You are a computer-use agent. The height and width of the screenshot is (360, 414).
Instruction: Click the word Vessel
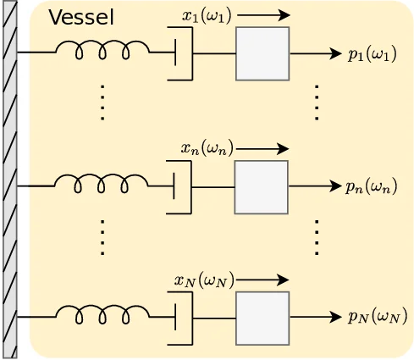click(80, 17)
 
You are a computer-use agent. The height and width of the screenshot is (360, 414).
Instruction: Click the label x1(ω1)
click(207, 15)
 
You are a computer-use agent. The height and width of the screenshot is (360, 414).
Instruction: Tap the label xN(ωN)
click(204, 280)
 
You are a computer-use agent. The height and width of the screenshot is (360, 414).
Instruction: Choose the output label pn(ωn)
click(371, 186)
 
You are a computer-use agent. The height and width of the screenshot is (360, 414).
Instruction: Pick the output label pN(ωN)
click(378, 317)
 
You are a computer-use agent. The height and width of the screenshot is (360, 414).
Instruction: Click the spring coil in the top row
click(102, 53)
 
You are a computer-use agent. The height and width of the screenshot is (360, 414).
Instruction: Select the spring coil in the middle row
click(102, 185)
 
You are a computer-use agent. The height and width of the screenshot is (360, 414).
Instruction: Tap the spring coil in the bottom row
click(102, 316)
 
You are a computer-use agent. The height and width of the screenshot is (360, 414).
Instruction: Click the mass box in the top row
click(262, 53)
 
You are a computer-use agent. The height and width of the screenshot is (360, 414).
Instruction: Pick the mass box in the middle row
click(262, 186)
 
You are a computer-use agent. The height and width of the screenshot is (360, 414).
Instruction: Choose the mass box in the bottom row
click(262, 318)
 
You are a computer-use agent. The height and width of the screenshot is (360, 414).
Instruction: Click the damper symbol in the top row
click(180, 53)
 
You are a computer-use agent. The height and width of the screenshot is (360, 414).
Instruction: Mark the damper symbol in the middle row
click(179, 186)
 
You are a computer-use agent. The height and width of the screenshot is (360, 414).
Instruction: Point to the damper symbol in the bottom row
click(180, 318)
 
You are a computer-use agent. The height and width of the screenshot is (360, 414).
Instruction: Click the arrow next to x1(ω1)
click(263, 15)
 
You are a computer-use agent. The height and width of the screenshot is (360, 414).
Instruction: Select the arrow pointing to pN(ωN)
click(316, 318)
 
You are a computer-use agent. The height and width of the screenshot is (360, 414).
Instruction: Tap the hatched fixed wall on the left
click(9, 180)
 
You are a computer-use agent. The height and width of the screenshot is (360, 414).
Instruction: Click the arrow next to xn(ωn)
click(262, 149)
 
